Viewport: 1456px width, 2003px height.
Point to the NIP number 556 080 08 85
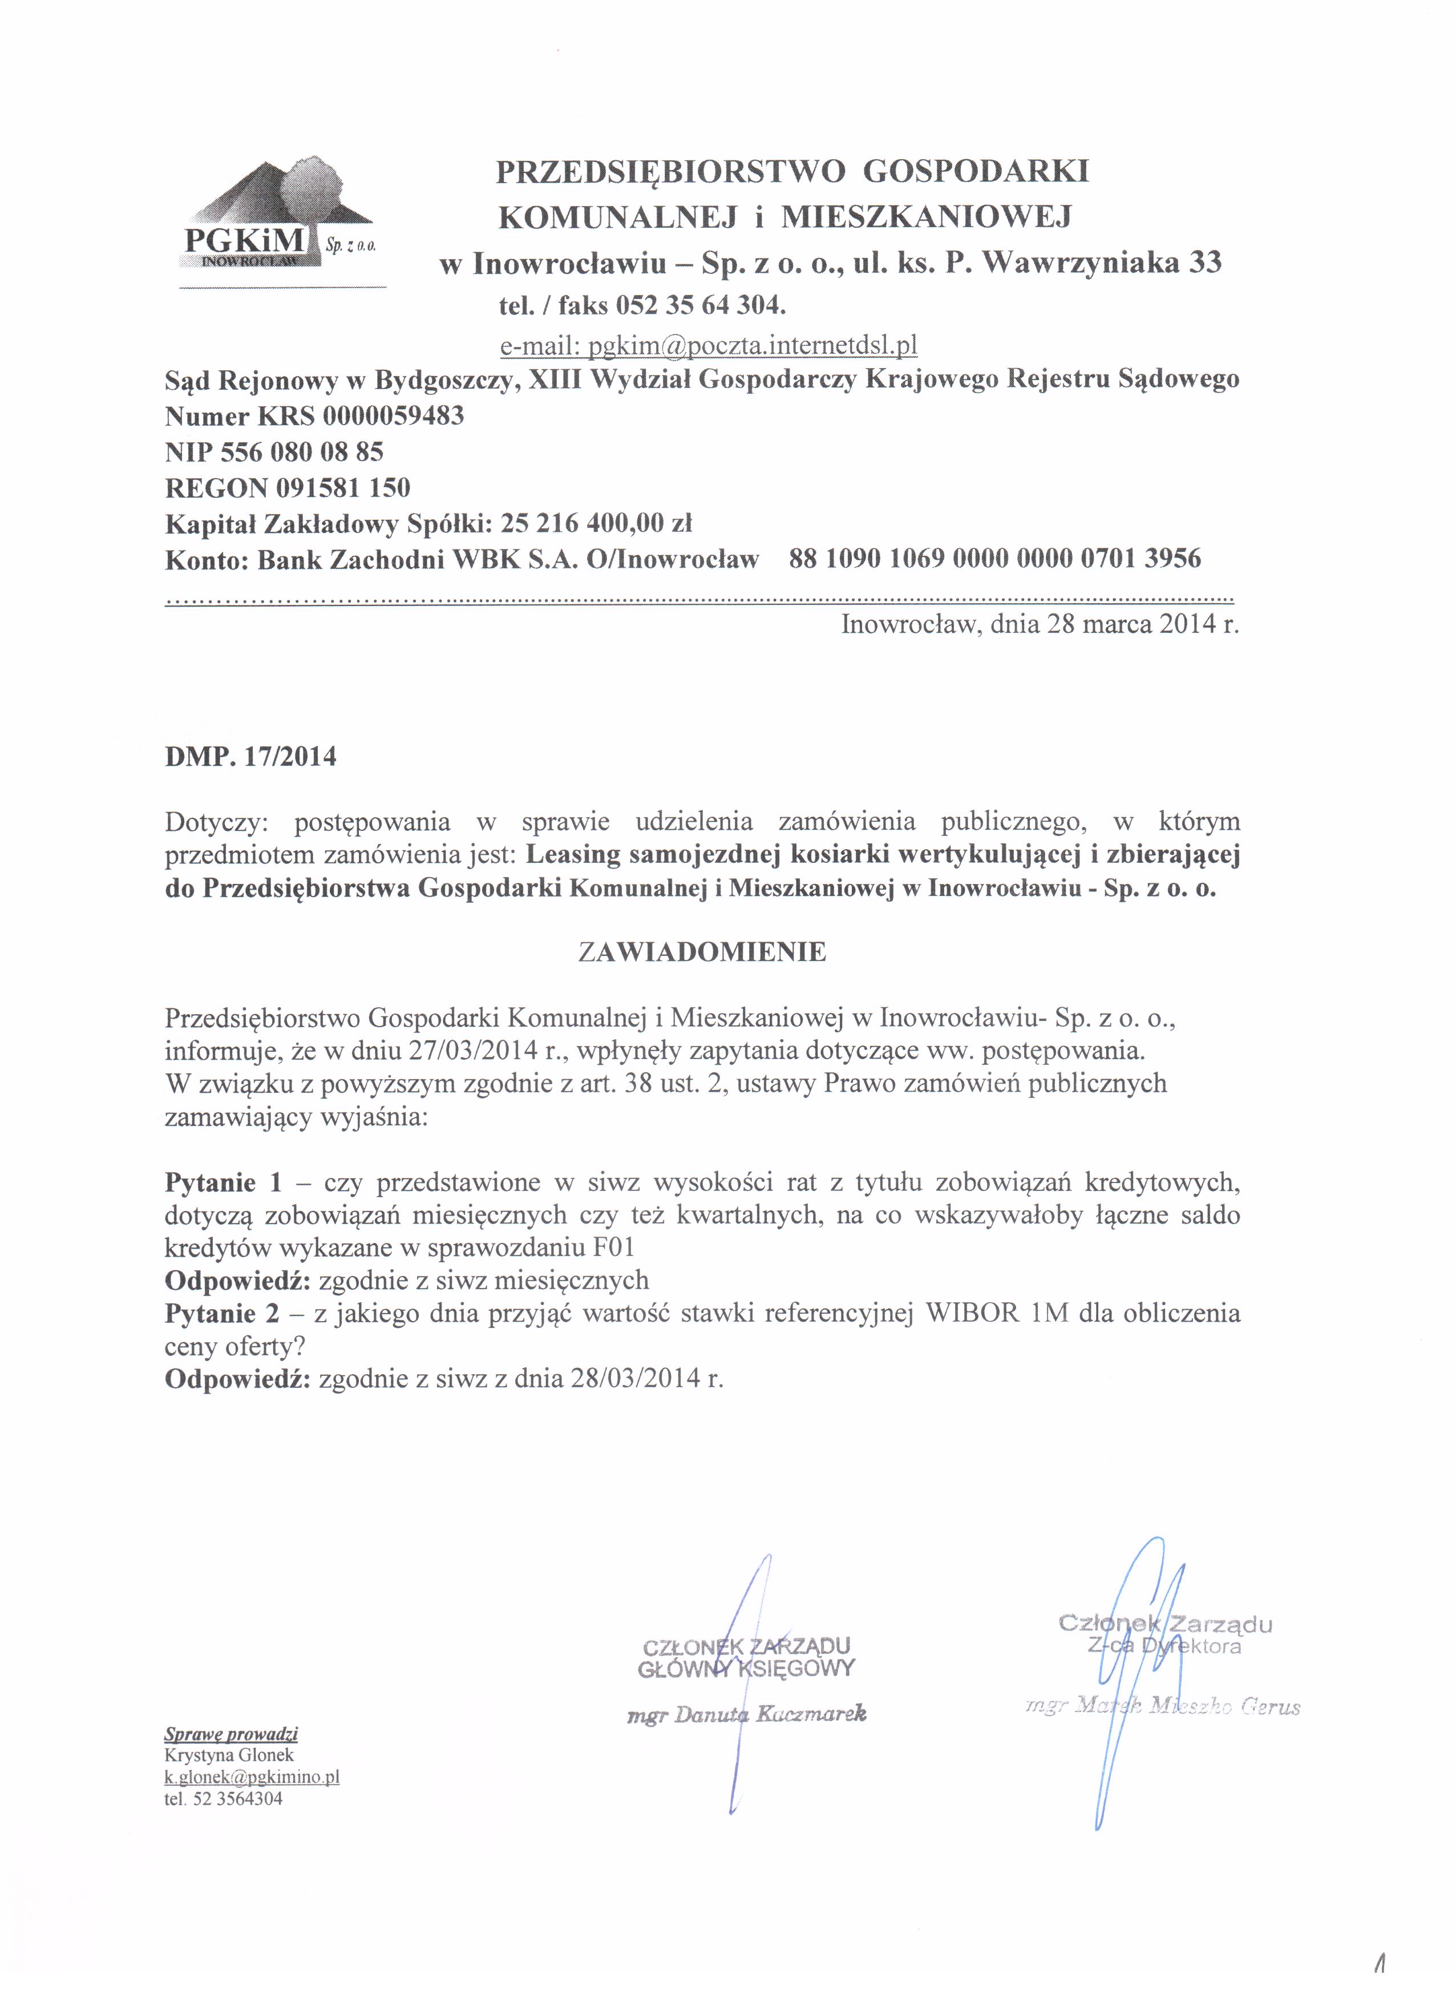tap(301, 452)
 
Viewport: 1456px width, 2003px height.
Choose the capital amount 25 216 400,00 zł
tap(595, 524)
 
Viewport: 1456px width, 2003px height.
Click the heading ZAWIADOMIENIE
tap(701, 952)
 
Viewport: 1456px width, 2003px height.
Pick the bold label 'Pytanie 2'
tap(221, 1313)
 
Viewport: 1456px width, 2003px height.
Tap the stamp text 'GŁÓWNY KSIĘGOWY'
tap(746, 1668)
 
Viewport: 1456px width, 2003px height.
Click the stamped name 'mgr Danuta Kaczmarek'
tap(746, 1714)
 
